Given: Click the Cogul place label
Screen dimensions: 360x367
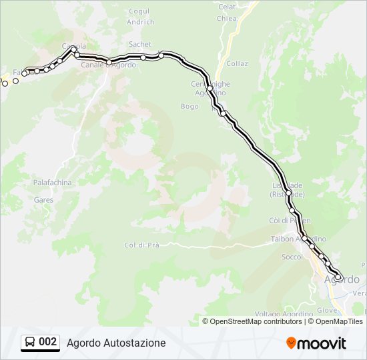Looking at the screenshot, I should coord(139,11).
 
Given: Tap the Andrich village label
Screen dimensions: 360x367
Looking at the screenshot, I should coord(140,22).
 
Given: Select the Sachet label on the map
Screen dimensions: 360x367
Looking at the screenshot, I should coord(140,44).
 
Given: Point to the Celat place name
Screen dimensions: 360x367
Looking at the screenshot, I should coord(228,7).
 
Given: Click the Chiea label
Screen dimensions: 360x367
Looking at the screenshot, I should coord(227,19).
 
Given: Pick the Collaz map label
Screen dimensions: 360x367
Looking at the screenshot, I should coord(237,64).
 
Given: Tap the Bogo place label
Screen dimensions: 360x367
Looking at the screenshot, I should coord(190,106).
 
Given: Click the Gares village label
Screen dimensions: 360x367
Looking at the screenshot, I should coord(43,199).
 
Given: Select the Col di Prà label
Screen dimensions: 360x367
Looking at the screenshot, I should coord(141,245).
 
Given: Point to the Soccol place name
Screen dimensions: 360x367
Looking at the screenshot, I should coord(292,257).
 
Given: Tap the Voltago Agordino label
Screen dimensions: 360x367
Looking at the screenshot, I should coord(284,314).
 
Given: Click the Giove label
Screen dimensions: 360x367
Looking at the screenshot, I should coord(328,310).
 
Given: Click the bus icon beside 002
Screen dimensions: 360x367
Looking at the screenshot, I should coord(30,343).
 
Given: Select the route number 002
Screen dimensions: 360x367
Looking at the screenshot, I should coord(48,342).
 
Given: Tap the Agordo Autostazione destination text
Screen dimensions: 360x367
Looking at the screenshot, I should coord(116,343).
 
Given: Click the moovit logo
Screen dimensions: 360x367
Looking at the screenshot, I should coord(316,343).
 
